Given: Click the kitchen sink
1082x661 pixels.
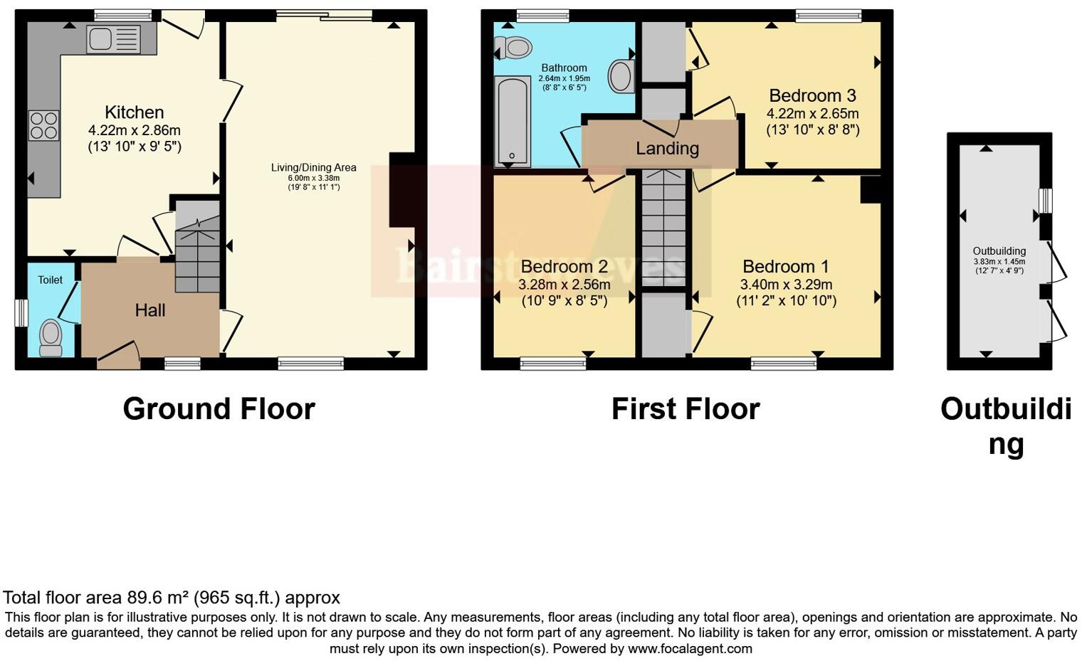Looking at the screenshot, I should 113,39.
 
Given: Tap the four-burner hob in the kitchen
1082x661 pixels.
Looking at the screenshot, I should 43,126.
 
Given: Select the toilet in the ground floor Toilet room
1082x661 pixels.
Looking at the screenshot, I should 51,337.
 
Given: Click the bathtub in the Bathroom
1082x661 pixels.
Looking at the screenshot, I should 511,121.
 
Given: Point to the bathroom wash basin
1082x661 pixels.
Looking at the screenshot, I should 621,75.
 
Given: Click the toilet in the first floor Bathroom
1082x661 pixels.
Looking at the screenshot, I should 514,48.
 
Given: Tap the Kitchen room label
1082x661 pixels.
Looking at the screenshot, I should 135,112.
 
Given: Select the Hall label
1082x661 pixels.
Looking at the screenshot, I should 150,310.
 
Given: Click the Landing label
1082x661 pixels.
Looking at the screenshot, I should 667,148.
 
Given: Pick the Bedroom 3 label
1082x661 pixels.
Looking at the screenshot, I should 812,95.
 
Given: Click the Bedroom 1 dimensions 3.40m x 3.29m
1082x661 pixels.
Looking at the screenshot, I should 786,285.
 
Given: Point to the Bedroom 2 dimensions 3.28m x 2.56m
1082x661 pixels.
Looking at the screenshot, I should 564,285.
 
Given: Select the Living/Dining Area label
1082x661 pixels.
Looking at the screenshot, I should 313,168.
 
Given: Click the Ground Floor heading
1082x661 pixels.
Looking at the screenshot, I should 219,409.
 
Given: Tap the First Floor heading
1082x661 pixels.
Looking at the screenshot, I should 686,409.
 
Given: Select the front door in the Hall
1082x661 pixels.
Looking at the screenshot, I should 118,356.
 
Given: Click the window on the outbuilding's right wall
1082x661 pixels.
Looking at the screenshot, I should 1045,201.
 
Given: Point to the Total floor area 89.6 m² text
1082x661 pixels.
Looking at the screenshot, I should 172,598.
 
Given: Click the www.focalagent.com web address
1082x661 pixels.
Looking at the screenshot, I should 690,649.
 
